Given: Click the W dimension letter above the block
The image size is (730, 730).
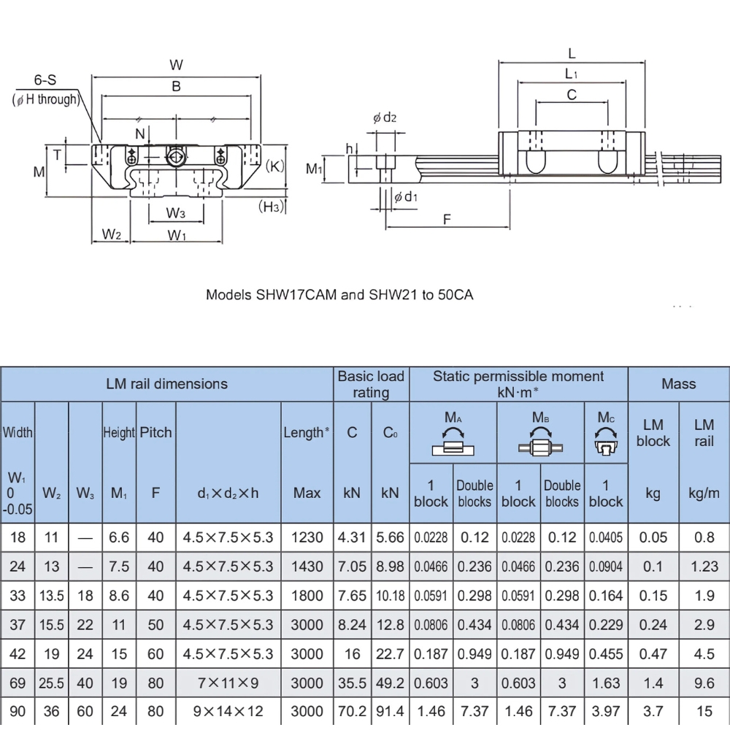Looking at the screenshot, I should (176, 64).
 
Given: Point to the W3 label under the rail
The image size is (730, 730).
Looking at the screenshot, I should (175, 213).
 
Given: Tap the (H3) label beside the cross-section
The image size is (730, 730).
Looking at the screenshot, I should (272, 207).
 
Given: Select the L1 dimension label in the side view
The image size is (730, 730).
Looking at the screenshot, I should (572, 74).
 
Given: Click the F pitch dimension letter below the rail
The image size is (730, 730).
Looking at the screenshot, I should (447, 218).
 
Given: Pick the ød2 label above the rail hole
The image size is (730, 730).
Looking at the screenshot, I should (385, 118).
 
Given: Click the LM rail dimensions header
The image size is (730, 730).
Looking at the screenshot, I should (166, 384).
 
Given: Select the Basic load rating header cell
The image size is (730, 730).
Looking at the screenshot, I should (371, 384).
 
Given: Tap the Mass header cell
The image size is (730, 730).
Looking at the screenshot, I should (678, 384).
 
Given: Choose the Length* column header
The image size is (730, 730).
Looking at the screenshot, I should (307, 432).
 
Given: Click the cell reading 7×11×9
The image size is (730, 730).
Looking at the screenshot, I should (228, 683).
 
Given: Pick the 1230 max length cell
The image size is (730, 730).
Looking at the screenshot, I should (307, 538).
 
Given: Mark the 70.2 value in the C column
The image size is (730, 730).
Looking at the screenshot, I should (352, 712).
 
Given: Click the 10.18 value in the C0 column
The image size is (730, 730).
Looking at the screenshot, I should (390, 596).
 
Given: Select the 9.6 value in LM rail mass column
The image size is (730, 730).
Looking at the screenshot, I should (704, 683).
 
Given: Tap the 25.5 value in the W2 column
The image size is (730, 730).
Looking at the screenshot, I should (51, 683).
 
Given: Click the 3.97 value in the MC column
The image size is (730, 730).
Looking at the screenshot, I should (605, 712).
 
